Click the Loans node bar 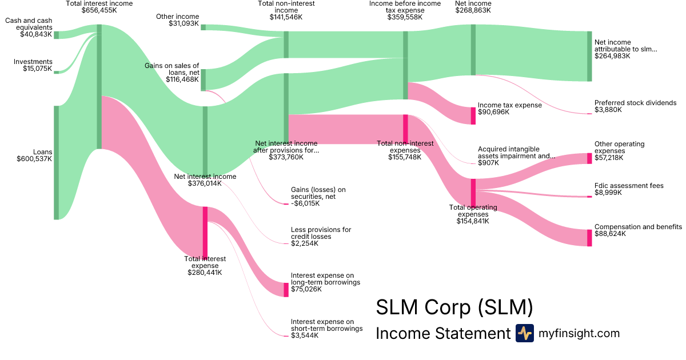(x=56, y=162)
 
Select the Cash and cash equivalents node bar (x=56, y=35)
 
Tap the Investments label (x=33, y=62)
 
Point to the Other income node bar (x=203, y=27)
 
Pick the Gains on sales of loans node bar (x=203, y=80)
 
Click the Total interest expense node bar (x=205, y=232)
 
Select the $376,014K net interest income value (x=205, y=184)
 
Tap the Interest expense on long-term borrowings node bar (x=286, y=289)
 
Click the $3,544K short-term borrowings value (x=305, y=335)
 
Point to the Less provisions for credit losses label (x=321, y=233)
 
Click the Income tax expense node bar (x=473, y=116)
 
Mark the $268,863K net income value (x=473, y=10)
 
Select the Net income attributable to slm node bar (x=589, y=56)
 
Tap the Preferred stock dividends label (x=635, y=103)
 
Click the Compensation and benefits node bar (x=589, y=238)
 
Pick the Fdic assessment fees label (x=629, y=186)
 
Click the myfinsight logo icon (x=524, y=333)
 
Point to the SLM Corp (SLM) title (x=454, y=307)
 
